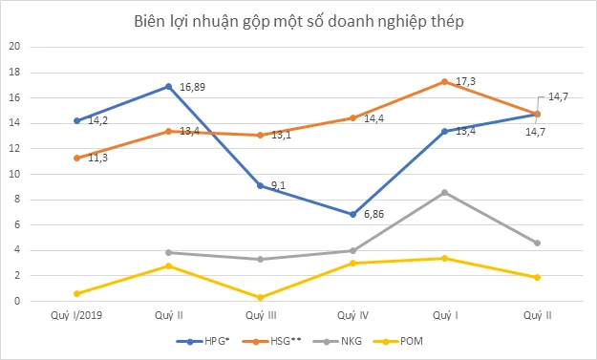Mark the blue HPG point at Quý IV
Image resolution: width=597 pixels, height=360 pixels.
352,214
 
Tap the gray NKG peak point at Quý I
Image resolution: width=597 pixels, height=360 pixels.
445,192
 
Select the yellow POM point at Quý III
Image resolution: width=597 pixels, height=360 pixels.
261,297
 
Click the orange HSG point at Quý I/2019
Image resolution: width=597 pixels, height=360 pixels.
76,158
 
